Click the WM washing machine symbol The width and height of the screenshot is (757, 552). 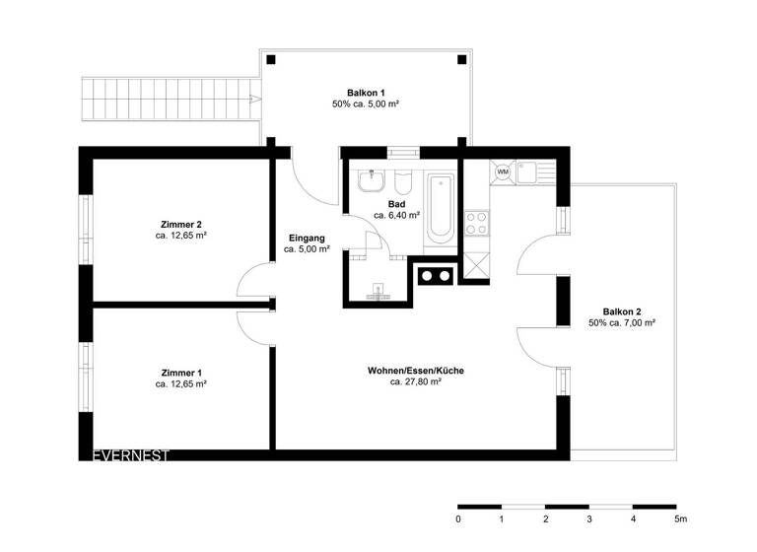pos(502,172)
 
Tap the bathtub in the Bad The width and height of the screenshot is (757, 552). pos(440,207)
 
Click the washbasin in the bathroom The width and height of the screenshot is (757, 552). pos(372,182)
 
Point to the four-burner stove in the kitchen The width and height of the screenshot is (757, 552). pos(476,223)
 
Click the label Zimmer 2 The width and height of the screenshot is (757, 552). pos(180,223)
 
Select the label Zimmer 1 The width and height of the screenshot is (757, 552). pos(180,373)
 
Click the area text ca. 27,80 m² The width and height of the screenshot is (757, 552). pos(415,381)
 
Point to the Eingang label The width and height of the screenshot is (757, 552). pos(306,238)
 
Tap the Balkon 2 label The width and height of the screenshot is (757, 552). pos(622,310)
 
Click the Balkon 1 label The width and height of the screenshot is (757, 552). pos(366,91)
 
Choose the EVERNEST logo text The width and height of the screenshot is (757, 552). pos(130,455)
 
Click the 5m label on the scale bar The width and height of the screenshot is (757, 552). pos(680,518)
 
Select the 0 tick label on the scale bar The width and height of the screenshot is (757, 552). pos(458,518)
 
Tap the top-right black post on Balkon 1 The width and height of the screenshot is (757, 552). pos(462,59)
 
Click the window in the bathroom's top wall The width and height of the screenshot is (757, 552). pos(402,152)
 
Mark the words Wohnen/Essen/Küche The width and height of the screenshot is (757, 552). pos(415,370)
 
